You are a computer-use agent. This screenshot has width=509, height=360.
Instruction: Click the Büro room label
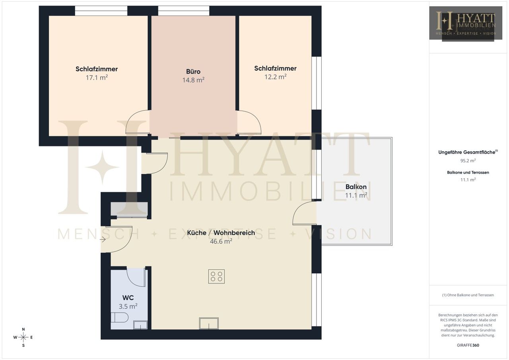pos(193,72)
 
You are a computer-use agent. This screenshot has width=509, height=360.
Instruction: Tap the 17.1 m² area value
pos(97,78)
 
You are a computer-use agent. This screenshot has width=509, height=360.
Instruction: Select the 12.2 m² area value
pos(275,77)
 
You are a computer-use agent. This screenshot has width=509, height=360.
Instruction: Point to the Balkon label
pos(356,187)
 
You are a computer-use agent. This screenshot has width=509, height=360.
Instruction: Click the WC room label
pos(128,298)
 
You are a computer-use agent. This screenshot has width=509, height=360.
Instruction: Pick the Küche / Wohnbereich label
pos(221,233)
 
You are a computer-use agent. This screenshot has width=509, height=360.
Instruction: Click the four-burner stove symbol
pos(216,276)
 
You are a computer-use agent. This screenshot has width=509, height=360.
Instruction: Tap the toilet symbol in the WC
pos(120,317)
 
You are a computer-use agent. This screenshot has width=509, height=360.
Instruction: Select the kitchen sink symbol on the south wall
pos(209,323)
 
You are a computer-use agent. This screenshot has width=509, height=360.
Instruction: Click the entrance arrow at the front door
pos(103,239)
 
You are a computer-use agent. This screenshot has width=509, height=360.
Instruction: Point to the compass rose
pos(23,337)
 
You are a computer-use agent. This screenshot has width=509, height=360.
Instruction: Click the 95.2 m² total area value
pos(468,161)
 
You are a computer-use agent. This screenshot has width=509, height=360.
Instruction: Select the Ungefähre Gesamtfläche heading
pos(468,152)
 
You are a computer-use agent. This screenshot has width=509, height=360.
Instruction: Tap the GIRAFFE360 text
pos(468,345)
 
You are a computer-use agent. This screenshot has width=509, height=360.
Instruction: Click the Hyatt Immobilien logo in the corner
pos(466,23)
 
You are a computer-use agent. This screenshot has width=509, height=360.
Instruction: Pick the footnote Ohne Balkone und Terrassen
pos(468,295)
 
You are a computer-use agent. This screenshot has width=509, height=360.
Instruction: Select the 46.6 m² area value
pos(221,241)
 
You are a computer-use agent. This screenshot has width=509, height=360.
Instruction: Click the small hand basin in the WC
pos(140,325)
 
